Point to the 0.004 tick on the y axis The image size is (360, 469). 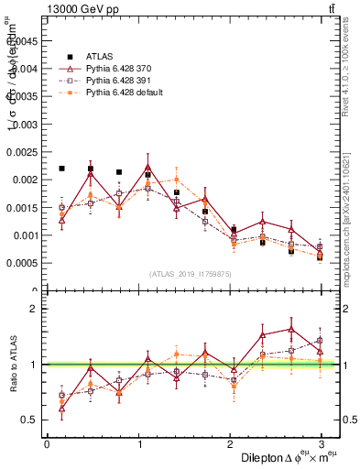click(27, 68)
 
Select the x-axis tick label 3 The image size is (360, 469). click(321, 444)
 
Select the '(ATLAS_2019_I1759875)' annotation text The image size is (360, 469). click(191, 273)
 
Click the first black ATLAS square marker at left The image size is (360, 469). click(61, 169)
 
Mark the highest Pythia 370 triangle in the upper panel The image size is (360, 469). click(147, 167)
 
